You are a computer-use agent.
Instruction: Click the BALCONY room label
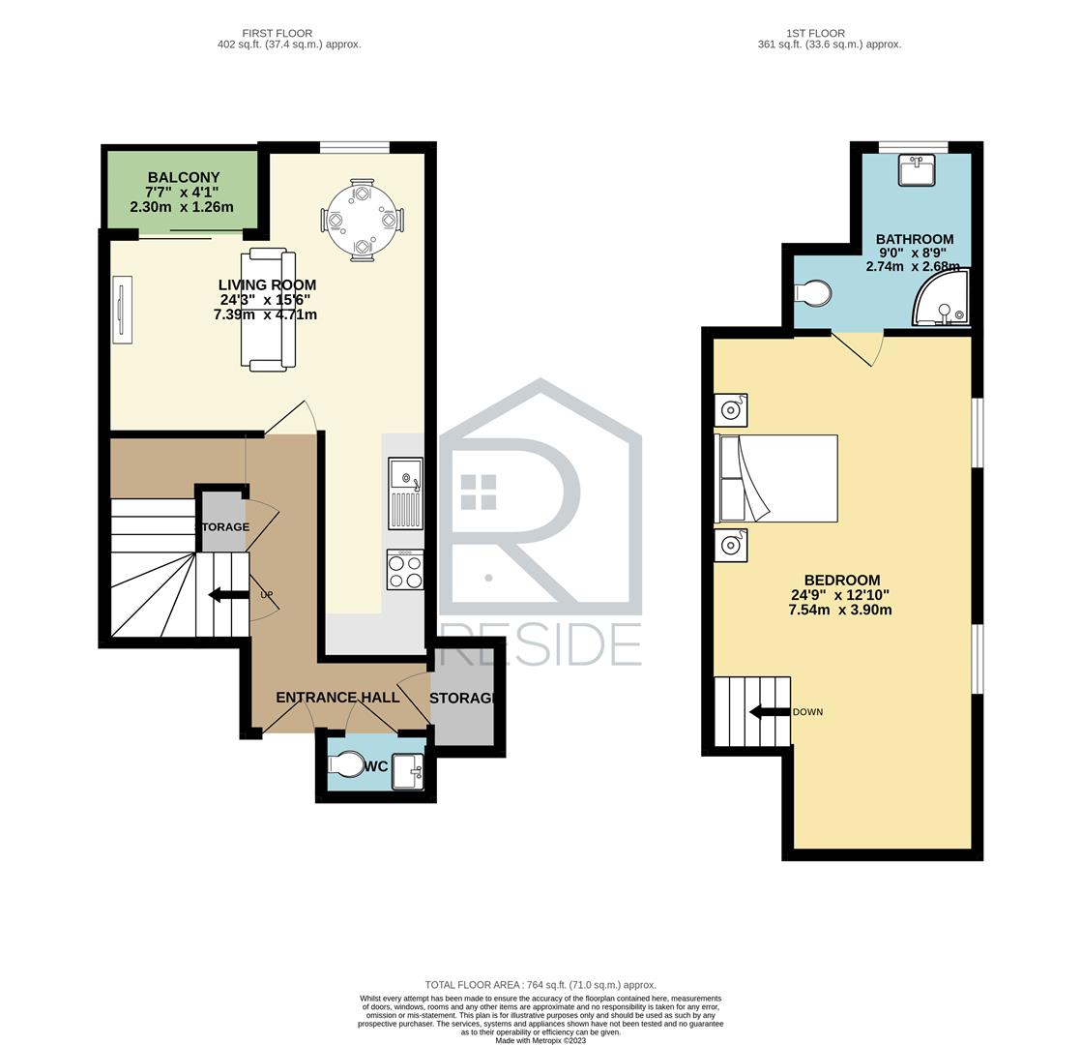pyautogui.click(x=184, y=177)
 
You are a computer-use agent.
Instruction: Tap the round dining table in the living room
pyautogui.click(x=362, y=220)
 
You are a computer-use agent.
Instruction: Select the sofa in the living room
pyautogui.click(x=268, y=310)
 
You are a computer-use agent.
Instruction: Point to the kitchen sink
pyautogui.click(x=405, y=493)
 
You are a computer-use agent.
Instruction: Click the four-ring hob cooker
pyautogui.click(x=405, y=570)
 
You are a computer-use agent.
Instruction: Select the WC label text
pyautogui.click(x=376, y=766)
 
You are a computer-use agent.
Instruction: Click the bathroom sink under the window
pyautogui.click(x=917, y=169)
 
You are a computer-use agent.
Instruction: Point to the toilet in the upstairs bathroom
pyautogui.click(x=813, y=293)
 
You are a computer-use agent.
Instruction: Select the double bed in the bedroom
pyautogui.click(x=776, y=478)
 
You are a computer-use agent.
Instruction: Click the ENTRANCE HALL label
pyautogui.click(x=337, y=698)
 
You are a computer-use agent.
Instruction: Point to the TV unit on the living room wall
pyautogui.click(x=122, y=310)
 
